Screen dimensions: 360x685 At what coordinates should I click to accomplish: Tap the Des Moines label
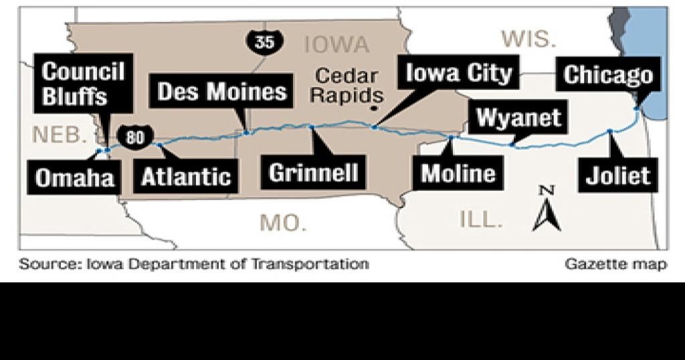pos(221,91)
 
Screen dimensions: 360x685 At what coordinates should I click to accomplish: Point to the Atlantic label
pos(186,177)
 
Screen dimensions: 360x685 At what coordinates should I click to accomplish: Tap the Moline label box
pos(458,173)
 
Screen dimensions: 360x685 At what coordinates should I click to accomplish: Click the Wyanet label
pos(519,118)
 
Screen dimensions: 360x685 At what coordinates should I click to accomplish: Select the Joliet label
pos(617,175)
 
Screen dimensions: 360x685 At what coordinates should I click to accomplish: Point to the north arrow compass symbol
pos(547,209)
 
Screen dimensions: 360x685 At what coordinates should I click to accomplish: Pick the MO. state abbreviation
pos(283,222)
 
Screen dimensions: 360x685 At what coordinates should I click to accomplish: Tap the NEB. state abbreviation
pos(60,134)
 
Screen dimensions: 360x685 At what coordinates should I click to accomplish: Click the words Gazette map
pos(615,264)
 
